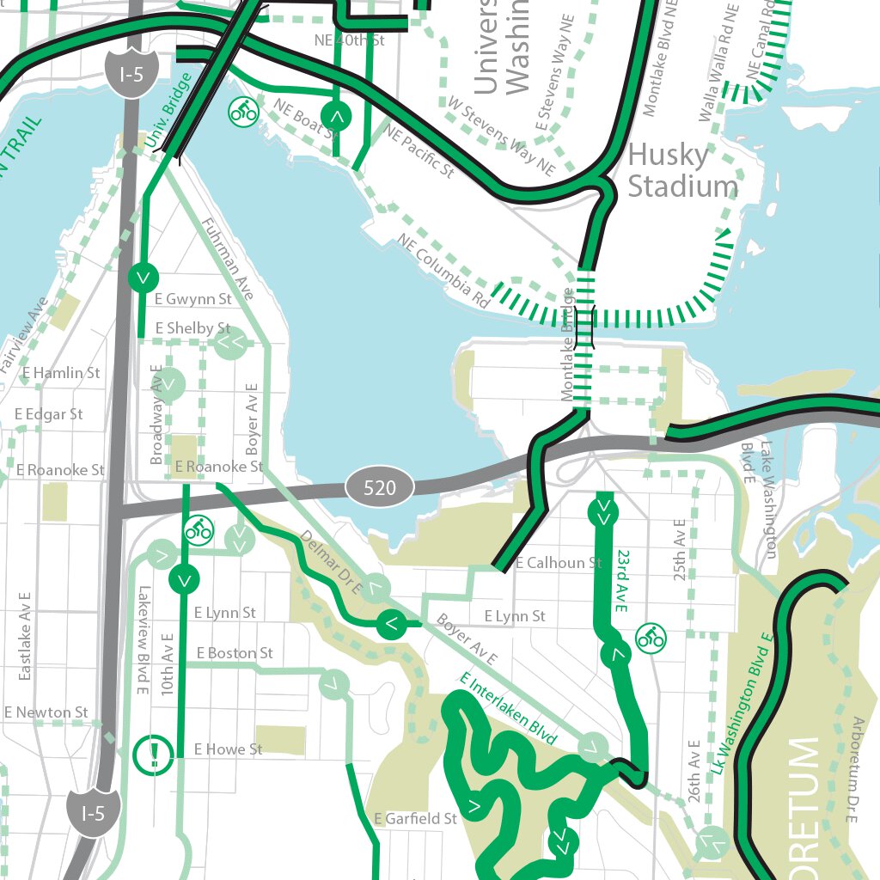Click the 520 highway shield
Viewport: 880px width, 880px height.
[380, 488]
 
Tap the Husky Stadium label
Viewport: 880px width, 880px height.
[682, 170]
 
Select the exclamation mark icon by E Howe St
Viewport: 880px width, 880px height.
[155, 754]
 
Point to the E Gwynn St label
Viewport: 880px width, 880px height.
[192, 299]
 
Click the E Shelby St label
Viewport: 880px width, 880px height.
[192, 328]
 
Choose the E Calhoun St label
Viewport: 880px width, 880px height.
[559, 563]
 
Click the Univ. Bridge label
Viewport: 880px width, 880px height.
[168, 108]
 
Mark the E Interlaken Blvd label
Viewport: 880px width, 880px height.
[508, 708]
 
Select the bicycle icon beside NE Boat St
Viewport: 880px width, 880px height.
[243, 111]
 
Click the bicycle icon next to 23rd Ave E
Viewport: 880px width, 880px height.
[651, 637]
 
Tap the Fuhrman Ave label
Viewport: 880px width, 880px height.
[227, 259]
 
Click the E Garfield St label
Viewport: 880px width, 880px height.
[416, 819]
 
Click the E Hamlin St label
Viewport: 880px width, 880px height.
[61, 373]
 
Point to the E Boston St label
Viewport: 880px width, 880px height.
[234, 653]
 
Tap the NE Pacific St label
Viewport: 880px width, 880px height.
[419, 152]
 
